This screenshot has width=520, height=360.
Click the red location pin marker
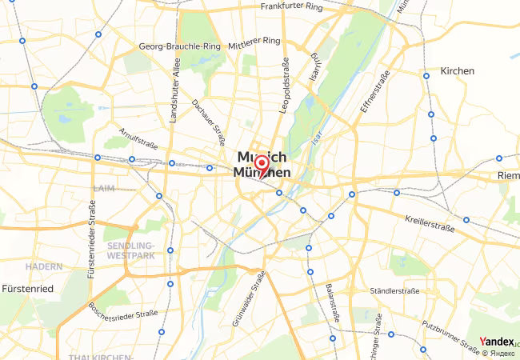click(x=261, y=166)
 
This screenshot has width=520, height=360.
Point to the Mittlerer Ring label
click(x=254, y=40)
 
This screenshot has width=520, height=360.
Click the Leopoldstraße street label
click(x=283, y=84)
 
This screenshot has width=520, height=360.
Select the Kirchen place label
click(x=457, y=71)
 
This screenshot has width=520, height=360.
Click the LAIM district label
click(x=104, y=188)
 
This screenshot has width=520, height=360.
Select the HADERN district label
click(x=43, y=266)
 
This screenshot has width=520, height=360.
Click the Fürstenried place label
click(x=27, y=288)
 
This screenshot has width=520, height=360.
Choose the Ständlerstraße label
click(x=396, y=290)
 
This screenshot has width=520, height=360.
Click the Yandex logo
click(x=497, y=342)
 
